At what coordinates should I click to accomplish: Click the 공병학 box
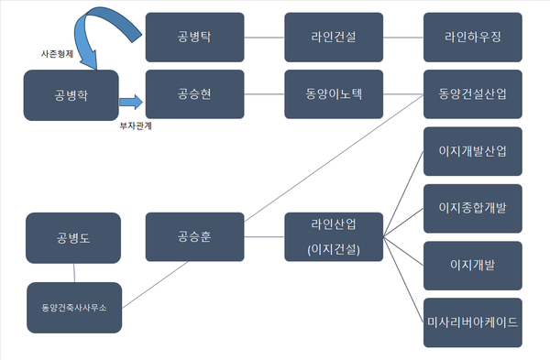click(71, 95)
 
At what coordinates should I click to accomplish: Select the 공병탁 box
click(194, 38)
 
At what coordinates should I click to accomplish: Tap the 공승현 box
click(194, 94)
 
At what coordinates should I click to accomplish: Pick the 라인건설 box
click(334, 38)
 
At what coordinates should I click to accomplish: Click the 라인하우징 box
click(473, 38)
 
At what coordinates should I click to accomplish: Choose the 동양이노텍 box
click(334, 94)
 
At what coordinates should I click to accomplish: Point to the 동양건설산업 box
click(473, 94)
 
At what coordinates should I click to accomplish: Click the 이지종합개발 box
click(473, 208)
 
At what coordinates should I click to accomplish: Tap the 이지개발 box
click(473, 265)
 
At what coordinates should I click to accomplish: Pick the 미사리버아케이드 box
click(473, 322)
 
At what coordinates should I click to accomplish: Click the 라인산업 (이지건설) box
click(334, 236)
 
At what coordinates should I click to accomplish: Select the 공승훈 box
click(194, 236)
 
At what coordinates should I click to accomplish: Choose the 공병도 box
click(73, 236)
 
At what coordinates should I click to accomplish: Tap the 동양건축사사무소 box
click(73, 307)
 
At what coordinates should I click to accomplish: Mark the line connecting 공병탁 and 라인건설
click(264, 38)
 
